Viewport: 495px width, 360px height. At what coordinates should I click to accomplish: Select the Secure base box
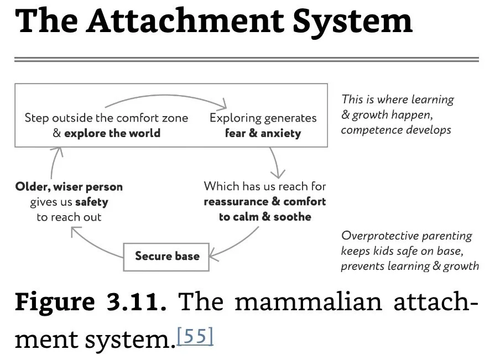point(167,256)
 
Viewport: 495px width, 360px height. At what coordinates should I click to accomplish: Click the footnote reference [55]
point(194,336)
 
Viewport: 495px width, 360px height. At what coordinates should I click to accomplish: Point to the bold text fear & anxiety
point(263,133)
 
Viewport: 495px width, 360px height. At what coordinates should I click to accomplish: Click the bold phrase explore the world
point(112,133)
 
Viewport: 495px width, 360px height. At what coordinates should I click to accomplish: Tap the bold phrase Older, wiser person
point(69,186)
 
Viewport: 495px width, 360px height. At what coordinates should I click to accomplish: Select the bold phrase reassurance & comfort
point(265,201)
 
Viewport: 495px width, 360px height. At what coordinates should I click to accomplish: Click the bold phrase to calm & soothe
point(265,217)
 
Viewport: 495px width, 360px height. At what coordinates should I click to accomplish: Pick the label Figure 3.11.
point(90,302)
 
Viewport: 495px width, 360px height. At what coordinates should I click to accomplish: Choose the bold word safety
point(91,202)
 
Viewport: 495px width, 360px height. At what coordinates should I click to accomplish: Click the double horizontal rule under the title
point(246,59)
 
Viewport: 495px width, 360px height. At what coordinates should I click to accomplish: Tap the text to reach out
point(69,217)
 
